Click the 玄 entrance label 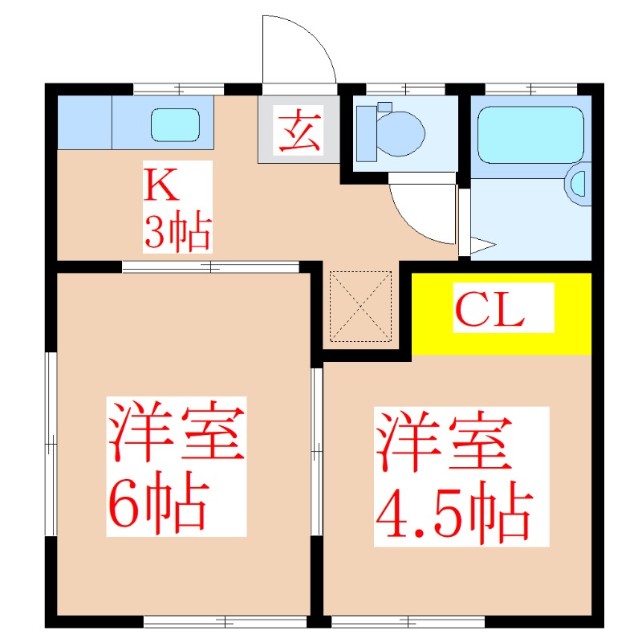tap(299, 132)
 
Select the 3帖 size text tap(177, 233)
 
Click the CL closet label tap(490, 309)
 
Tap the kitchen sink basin tap(175, 124)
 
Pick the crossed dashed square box tap(360, 306)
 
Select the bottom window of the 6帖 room tap(225, 620)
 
